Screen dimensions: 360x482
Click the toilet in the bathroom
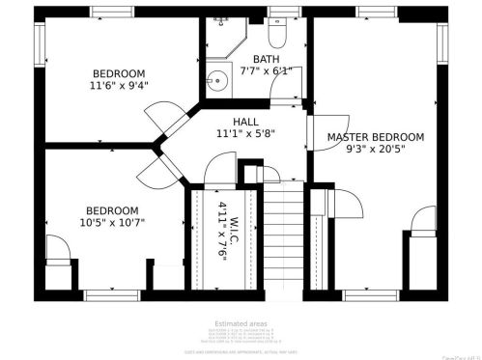coord(277,35)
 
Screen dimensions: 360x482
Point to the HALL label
coord(245,122)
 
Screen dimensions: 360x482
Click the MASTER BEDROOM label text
coord(375,137)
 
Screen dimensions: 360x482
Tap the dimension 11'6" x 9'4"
coord(119,85)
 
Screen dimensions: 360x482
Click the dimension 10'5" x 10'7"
coord(111,222)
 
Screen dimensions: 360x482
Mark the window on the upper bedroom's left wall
coord(40,42)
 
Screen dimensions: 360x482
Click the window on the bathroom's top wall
coord(282,13)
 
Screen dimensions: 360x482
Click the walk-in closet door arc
coord(218,177)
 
